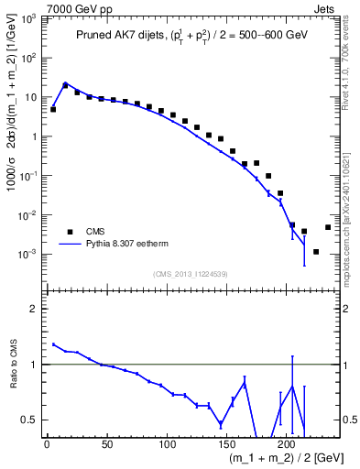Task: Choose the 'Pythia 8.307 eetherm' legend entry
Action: tap(118, 245)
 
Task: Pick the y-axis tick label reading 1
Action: tap(32, 136)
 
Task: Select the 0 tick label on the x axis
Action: tap(47, 446)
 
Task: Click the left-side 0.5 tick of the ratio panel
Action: tap(29, 420)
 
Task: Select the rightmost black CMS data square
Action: tap(328, 227)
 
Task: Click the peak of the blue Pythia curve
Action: tap(65, 82)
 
